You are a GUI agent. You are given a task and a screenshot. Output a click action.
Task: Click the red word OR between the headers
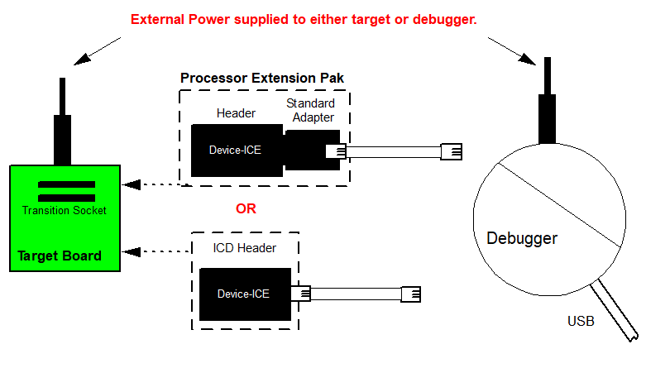(246, 208)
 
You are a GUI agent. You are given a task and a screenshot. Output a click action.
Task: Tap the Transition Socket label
(64, 210)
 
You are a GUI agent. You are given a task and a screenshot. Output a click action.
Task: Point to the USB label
(580, 321)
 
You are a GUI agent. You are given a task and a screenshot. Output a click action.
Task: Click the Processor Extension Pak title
(262, 78)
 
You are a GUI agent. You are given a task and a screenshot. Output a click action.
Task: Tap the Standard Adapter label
(310, 110)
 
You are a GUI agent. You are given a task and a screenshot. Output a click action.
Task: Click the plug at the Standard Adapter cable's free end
(452, 151)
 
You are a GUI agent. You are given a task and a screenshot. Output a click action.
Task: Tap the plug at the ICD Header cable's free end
(411, 294)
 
